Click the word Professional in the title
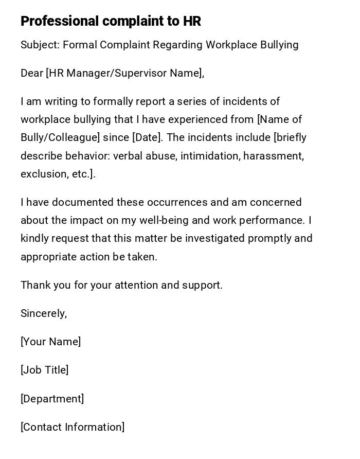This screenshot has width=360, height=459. [60, 21]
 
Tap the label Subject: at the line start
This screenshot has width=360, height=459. [40, 45]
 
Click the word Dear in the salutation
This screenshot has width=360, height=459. [32, 73]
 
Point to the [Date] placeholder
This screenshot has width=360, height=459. [147, 137]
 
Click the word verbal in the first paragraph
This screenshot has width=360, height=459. [128, 156]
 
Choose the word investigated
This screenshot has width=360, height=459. [215, 238]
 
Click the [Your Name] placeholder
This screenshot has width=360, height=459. [50, 342]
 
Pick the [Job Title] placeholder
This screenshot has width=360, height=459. [44, 370]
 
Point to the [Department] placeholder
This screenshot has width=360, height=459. [52, 399]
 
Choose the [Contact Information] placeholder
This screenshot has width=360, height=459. [73, 427]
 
